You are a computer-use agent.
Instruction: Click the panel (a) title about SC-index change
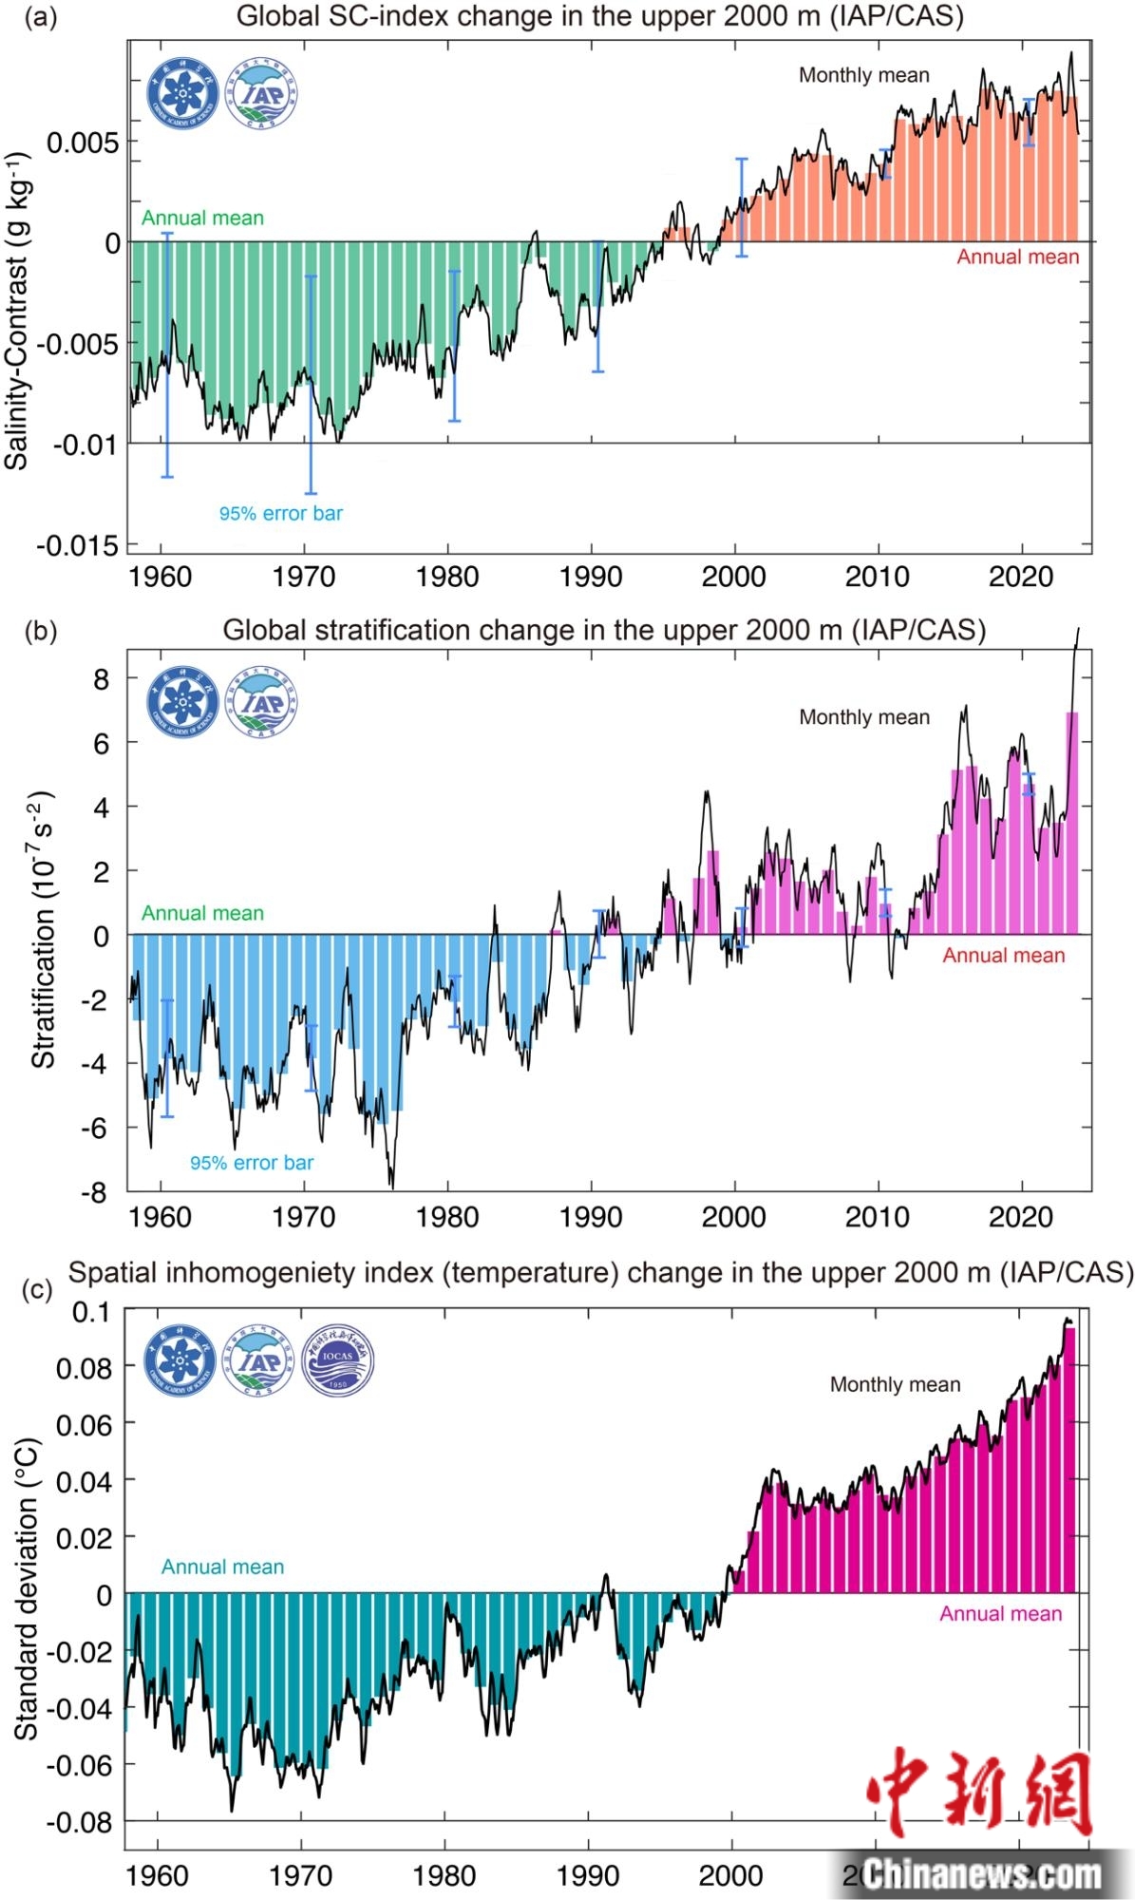coord(599,16)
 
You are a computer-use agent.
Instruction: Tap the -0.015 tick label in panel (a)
coord(78,545)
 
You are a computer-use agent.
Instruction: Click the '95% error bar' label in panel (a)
coord(280,514)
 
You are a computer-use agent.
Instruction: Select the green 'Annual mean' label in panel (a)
coord(202,218)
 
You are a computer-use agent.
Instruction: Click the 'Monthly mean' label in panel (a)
coord(863,76)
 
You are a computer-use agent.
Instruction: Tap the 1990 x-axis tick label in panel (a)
coord(591,577)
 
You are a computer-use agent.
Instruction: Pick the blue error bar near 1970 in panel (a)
coord(311,385)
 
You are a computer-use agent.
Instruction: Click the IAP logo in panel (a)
coord(260,94)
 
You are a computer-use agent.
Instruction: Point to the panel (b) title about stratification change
coord(604,630)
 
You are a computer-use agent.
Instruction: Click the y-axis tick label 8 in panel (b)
coord(102,679)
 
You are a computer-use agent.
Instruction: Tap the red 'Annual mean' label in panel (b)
coord(1003,956)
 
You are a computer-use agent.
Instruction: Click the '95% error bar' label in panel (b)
coord(251,1163)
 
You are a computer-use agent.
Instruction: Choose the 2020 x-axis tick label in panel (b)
coord(1021,1217)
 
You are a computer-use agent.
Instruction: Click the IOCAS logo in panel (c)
coord(337,1359)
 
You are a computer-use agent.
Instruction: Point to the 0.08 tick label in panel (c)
coord(84,1368)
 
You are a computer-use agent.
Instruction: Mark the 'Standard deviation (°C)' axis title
coord(27,1587)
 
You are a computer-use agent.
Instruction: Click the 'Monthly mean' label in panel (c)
coord(895,1384)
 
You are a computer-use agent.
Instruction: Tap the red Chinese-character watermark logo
coord(978,1793)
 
